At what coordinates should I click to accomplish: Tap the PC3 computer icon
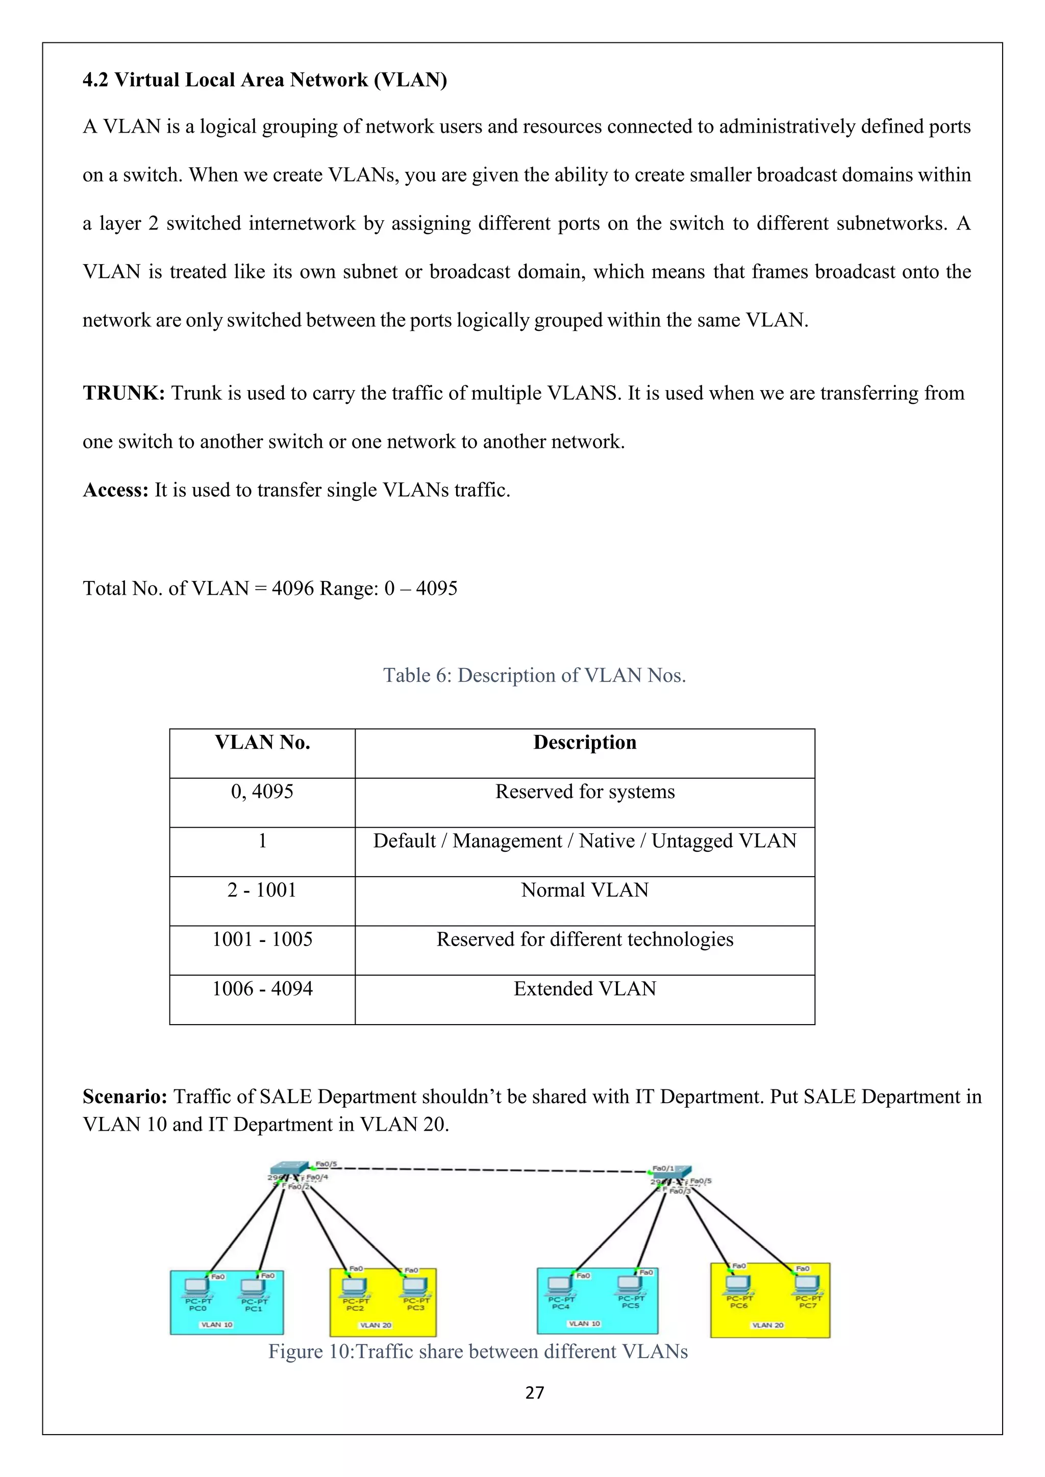[x=415, y=1285]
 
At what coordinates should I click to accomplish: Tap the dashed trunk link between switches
[x=489, y=1169]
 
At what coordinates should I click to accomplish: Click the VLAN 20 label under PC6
[x=767, y=1325]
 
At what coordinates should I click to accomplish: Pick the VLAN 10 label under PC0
[x=217, y=1325]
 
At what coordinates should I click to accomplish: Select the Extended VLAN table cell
[x=584, y=989]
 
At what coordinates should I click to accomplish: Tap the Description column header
[x=584, y=743]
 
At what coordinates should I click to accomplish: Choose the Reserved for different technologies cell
[x=584, y=939]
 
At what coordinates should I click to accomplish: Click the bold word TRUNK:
[x=123, y=393]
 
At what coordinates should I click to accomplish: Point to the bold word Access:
[x=116, y=490]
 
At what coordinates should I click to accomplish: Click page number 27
[x=535, y=1393]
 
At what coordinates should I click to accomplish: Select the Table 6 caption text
[x=534, y=675]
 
